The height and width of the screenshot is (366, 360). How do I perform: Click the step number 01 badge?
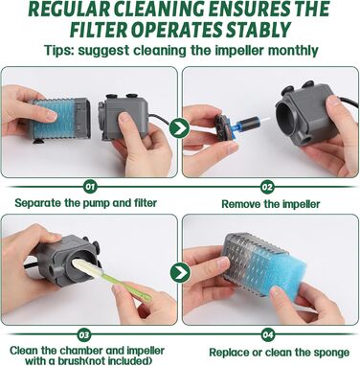pyautogui.click(x=90, y=187)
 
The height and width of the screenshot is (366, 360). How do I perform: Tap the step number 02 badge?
pyautogui.click(x=267, y=187)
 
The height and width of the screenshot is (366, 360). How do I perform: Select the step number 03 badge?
pyautogui.click(x=84, y=335)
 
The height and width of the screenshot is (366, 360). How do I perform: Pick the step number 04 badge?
pyautogui.click(x=267, y=335)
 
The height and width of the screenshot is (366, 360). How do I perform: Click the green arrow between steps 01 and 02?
pyautogui.click(x=179, y=128)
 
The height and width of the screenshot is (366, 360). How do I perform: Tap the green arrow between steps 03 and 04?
pyautogui.click(x=180, y=272)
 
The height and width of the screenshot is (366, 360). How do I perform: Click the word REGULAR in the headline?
pyautogui.click(x=69, y=10)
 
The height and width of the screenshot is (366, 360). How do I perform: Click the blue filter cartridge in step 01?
pyautogui.click(x=54, y=119)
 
